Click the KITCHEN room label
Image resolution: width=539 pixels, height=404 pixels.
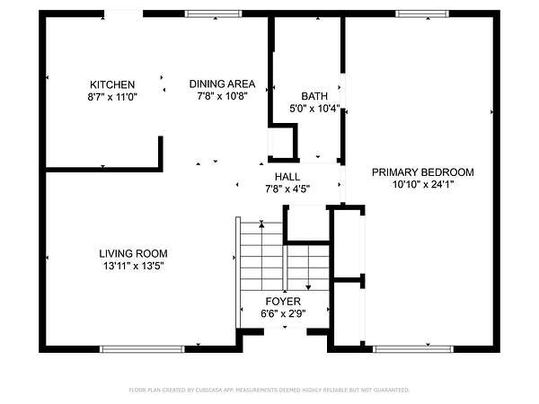point(112,84)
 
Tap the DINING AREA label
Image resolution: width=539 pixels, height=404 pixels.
point(222,83)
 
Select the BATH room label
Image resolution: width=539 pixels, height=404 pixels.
point(314,96)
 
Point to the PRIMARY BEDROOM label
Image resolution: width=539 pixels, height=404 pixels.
point(423,172)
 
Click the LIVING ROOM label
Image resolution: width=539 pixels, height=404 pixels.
point(133,253)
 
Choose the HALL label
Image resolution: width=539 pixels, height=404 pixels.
point(287,177)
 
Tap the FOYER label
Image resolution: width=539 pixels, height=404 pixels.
point(283,302)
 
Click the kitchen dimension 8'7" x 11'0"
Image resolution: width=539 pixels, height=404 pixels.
point(112,97)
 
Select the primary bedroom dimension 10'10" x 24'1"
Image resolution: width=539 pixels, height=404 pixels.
point(423,184)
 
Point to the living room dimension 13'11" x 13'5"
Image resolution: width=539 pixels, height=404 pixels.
point(133,266)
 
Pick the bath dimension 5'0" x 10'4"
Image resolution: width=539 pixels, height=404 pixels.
point(314,109)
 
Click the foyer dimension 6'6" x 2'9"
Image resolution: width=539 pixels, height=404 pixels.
point(283,313)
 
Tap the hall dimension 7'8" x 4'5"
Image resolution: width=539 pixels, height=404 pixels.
point(287,189)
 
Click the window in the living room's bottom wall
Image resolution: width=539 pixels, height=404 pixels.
point(142,349)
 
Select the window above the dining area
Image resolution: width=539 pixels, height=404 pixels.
point(213,13)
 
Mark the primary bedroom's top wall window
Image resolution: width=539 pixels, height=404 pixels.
point(422,13)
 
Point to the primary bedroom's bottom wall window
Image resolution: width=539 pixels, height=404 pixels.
point(413,349)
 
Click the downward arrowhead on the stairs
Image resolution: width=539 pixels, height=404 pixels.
point(308,287)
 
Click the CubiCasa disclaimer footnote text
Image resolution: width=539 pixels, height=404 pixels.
point(269,390)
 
